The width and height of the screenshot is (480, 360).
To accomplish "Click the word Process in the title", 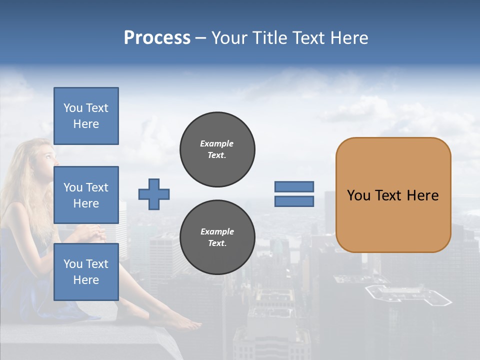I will point(157,38).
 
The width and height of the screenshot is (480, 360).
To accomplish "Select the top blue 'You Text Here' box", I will point(86,116).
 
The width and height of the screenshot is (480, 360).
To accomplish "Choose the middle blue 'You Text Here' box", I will point(86,195).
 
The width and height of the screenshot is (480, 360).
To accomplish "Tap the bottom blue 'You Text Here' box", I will point(86,272).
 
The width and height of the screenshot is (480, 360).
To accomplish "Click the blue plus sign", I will point(154,194).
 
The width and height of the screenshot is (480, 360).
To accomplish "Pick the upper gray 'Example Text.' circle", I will point(217,149).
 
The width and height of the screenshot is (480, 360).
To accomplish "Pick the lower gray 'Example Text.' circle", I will point(217,237).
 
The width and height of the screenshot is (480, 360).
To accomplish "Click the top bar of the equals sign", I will point(294,186).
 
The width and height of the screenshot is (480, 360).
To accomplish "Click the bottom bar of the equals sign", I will point(294,201).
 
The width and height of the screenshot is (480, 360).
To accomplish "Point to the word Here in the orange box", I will point(423,195).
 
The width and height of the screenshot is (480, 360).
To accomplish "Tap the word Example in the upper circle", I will point(217,143).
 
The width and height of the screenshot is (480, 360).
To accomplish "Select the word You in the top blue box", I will point(72,108).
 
